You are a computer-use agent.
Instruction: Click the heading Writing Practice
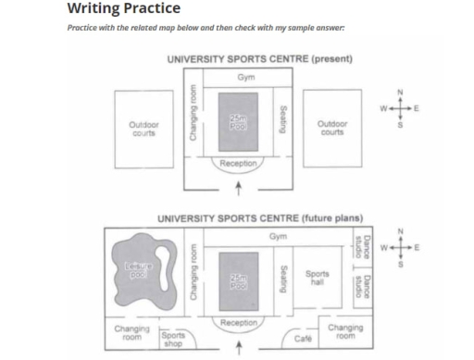pos(124,8)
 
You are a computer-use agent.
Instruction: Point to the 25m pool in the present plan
pos(238,119)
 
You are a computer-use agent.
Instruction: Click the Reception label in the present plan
pos(238,164)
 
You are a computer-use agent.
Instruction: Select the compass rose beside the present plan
pos(400,108)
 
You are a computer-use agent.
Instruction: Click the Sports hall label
pos(317,276)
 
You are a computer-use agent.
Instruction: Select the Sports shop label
pos(174,340)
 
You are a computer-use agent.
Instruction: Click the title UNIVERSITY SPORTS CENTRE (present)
pos(258,59)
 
